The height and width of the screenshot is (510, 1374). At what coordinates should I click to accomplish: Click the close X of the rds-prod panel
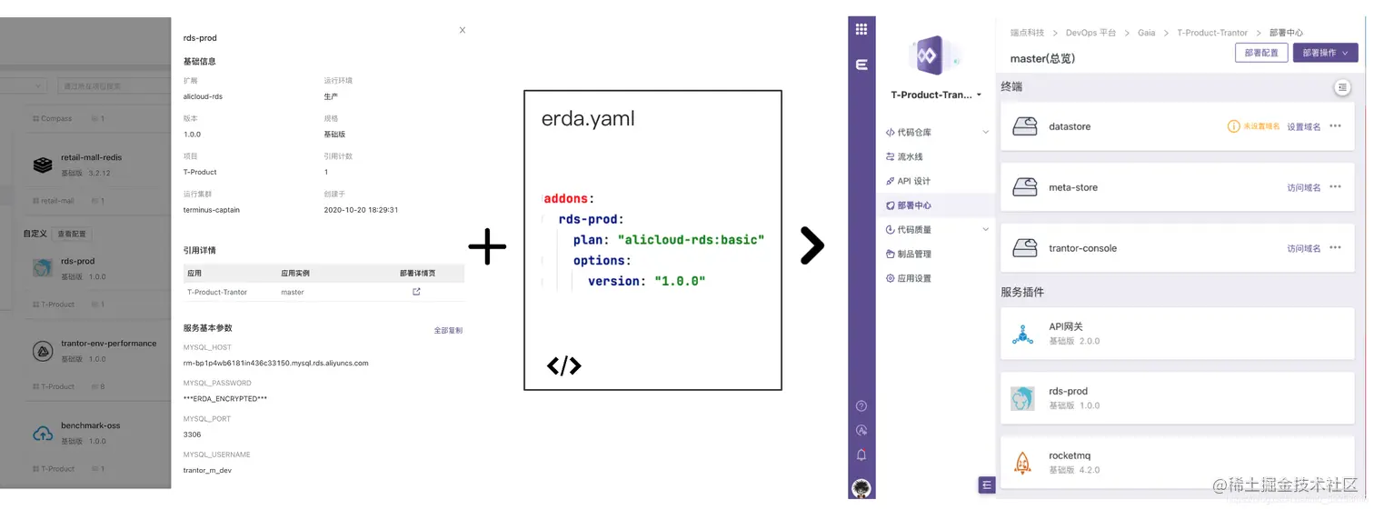tap(462, 30)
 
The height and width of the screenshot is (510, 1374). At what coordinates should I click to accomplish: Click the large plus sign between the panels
tap(487, 247)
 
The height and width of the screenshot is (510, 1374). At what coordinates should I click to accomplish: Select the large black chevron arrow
tap(811, 245)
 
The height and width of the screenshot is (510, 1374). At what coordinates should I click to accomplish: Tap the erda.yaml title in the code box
tap(588, 119)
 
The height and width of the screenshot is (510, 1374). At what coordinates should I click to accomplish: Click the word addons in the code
tap(568, 198)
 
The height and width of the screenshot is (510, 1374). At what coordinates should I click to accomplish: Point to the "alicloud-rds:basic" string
tap(691, 240)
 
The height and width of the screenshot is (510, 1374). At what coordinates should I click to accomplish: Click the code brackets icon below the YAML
tap(563, 366)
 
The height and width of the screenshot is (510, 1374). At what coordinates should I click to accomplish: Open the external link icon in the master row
tap(416, 292)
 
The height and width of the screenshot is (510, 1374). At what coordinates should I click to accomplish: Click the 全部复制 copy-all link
tap(448, 330)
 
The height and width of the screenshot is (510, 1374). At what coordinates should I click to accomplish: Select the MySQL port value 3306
tap(193, 435)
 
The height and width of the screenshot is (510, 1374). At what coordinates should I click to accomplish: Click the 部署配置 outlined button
tap(1260, 53)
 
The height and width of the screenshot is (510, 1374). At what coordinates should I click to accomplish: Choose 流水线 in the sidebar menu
tap(910, 156)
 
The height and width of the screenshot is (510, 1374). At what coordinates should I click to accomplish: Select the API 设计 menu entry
tap(913, 181)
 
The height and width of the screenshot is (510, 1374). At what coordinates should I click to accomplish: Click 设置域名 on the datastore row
tap(1303, 126)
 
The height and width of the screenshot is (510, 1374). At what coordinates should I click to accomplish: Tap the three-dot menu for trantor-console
tap(1335, 247)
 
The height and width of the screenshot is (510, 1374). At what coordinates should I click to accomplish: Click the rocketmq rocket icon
tap(1022, 464)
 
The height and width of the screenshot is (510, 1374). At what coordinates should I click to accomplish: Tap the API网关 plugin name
tap(1066, 326)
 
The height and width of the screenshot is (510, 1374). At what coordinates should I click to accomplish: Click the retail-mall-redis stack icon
tap(43, 165)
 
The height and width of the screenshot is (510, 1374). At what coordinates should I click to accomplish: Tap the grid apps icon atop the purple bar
tap(861, 29)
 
